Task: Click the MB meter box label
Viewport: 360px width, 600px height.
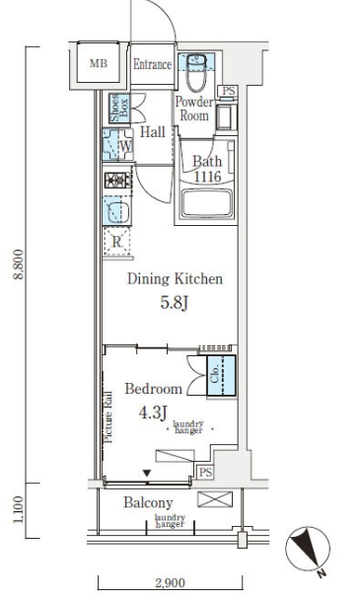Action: point(99,63)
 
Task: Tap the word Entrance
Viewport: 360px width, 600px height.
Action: point(152,64)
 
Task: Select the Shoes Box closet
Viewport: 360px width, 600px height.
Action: point(119,108)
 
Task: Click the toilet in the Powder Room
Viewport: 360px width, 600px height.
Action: point(196,72)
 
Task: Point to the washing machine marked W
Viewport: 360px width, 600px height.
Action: point(117,145)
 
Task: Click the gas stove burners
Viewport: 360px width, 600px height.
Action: point(117,181)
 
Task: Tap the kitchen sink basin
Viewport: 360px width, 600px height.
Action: point(117,211)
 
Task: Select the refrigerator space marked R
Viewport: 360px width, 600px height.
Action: point(116,241)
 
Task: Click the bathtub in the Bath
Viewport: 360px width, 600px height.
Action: point(206,203)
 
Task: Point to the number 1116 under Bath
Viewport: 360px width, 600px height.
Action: point(207,177)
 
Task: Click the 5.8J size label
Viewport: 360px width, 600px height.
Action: point(175,303)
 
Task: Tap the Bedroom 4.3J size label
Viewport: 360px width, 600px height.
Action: point(153,412)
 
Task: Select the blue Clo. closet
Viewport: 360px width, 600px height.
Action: point(221,375)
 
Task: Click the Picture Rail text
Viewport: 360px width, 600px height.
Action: point(108,417)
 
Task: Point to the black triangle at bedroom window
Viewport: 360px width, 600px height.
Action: point(147,474)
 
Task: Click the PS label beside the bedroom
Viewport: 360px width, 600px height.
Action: point(205,472)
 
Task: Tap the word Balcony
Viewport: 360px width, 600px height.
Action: point(148,503)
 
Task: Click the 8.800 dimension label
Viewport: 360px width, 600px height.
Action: point(19,264)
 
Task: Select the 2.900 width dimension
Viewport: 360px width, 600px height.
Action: point(170,583)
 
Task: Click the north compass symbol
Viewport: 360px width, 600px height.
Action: point(308,549)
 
